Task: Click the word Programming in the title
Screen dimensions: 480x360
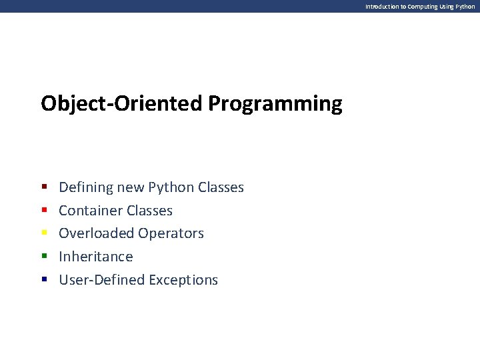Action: click(275, 105)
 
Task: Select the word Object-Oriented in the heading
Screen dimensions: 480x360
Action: click(121, 104)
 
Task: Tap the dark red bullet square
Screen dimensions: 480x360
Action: click(45, 187)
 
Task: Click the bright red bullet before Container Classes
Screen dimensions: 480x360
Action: click(45, 210)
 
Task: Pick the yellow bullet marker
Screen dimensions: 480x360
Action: click(45, 233)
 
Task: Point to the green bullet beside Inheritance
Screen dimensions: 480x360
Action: click(45, 256)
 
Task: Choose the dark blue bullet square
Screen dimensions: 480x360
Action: click(45, 279)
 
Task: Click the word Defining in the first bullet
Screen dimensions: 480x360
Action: click(86, 187)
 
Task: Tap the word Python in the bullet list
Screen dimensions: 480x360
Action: click(171, 187)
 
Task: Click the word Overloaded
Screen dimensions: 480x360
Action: click(97, 233)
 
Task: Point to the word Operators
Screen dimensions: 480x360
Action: click(171, 233)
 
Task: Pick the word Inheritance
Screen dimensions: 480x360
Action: click(96, 257)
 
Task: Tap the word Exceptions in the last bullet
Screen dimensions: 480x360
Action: click(183, 280)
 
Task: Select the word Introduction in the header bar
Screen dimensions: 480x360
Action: click(382, 7)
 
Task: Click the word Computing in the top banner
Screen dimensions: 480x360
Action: click(423, 7)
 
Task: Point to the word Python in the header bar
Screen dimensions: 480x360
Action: click(465, 7)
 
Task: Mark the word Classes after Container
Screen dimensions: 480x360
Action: click(150, 211)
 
